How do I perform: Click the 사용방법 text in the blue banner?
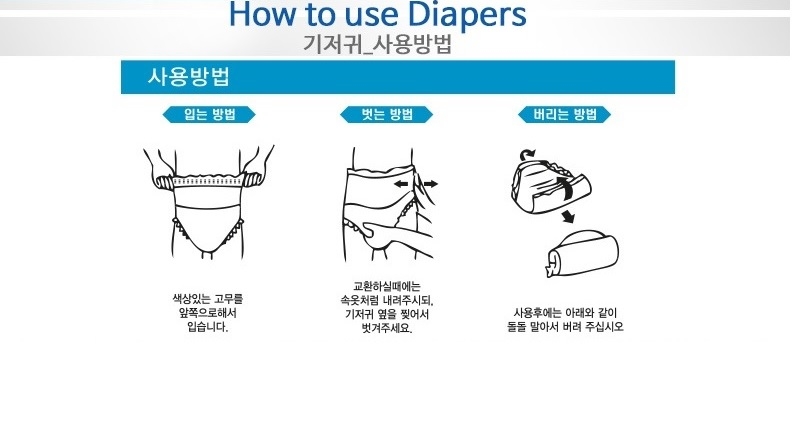[177, 77]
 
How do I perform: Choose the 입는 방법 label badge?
[209, 114]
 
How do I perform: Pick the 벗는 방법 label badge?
[386, 114]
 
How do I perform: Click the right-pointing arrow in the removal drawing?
[431, 185]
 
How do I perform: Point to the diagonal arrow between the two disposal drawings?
[567, 217]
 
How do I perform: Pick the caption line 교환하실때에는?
[386, 284]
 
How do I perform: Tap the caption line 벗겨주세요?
[386, 327]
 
